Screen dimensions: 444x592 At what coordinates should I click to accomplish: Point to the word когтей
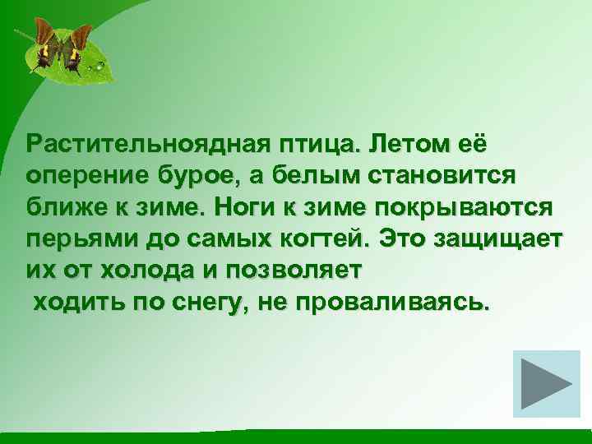tap(319, 238)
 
